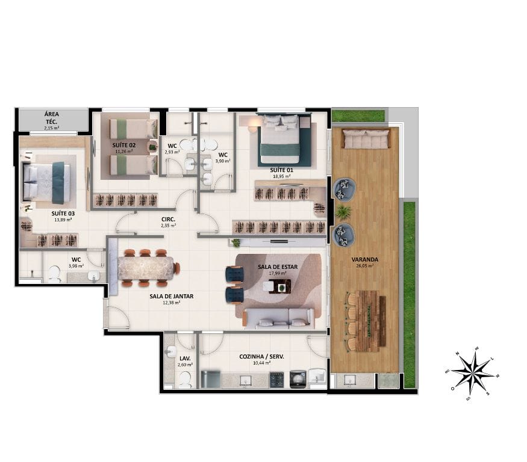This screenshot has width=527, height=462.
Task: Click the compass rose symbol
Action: [472, 373]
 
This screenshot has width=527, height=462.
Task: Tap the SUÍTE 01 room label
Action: [282, 170]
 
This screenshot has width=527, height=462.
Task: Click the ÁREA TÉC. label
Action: [51, 117]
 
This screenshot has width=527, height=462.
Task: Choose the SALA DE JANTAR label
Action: [172, 296]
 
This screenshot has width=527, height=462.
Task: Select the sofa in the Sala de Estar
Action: [279, 318]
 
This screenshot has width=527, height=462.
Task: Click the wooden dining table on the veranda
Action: [367, 321]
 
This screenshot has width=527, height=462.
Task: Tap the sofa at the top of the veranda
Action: [366, 140]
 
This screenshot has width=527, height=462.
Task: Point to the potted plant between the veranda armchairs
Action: [344, 211]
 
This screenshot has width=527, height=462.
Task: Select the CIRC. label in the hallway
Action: [169, 219]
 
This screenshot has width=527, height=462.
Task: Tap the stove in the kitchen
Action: [277, 379]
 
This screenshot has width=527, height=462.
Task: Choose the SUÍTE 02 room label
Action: [123, 146]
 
